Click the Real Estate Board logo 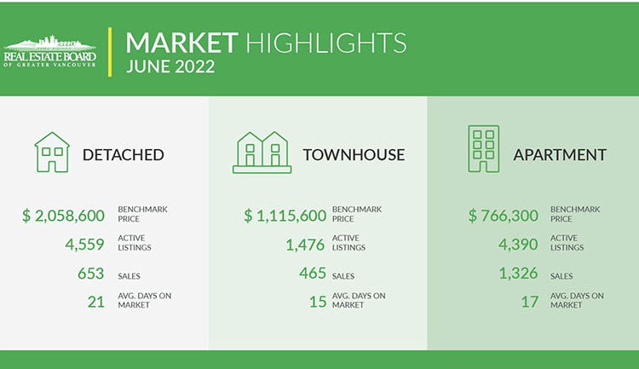click(49, 51)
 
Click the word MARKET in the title click(181, 43)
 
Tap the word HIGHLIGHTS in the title click(326, 43)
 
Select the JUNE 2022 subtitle click(170, 66)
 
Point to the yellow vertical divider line click(110, 52)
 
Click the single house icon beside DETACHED click(52, 152)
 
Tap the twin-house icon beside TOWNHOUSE click(262, 153)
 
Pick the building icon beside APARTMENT click(483, 149)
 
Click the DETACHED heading click(123, 155)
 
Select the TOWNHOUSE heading click(354, 155)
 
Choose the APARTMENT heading click(560, 155)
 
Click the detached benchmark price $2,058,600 click(64, 216)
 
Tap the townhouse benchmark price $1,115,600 click(285, 216)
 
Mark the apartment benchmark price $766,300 click(504, 216)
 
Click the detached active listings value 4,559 click(84, 245)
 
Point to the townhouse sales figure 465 click(313, 273)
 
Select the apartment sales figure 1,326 click(518, 274)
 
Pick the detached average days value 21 click(96, 302)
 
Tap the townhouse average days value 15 click(318, 302)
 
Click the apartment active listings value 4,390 click(518, 245)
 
